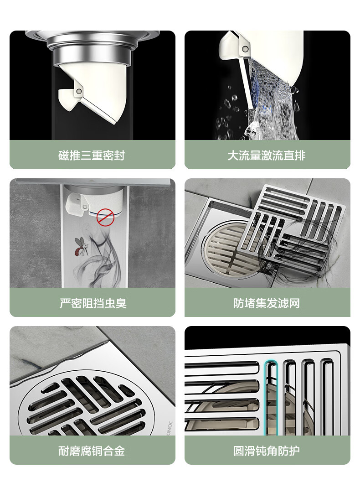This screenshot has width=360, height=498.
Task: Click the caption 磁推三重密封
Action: click(92, 156)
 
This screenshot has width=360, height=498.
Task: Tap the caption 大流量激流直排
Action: click(267, 156)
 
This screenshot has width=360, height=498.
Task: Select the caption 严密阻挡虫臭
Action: click(93, 303)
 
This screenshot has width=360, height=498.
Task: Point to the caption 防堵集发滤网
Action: click(267, 303)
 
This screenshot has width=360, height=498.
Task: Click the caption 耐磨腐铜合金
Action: click(92, 451)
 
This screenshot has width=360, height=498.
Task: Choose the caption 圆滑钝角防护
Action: click(267, 451)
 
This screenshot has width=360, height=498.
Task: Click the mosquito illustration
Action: click(82, 246)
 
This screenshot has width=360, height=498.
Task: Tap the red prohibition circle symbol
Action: click(105, 218)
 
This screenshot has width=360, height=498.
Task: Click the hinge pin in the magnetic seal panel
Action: click(79, 92)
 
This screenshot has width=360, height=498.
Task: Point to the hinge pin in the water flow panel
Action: click(245, 49)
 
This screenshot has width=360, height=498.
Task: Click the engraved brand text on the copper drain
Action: click(170, 428)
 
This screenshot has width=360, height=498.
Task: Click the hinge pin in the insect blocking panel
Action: click(85, 207)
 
